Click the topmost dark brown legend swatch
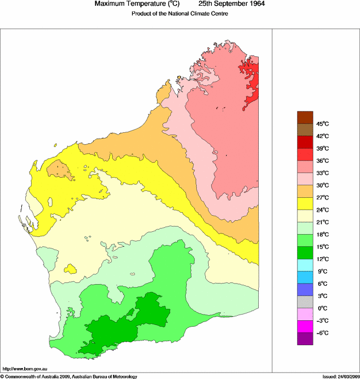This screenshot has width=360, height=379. (305, 117)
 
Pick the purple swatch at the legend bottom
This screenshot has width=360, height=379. (305, 339)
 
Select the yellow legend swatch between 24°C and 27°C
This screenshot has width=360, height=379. (305, 204)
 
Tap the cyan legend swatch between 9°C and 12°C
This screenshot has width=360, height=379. (305, 265)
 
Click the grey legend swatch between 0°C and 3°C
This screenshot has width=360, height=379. (305, 302)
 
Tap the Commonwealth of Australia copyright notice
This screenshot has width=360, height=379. (69, 376)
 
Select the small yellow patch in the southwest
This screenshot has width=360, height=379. (71, 269)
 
